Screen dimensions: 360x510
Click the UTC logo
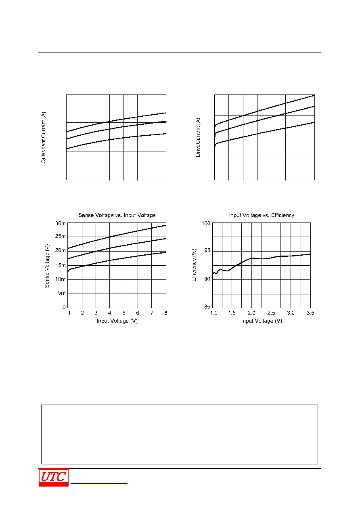tap(54, 477)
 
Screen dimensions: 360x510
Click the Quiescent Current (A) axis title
tap(43, 138)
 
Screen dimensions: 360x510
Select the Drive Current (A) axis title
tap(198, 137)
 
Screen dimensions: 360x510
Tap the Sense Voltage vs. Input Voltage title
tap(117, 215)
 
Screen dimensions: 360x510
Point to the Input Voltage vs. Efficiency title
tap(262, 215)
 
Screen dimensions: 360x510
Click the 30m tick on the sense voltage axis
tap(60, 224)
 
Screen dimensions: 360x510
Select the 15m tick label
tap(60, 265)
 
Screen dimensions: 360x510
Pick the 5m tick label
tap(62, 293)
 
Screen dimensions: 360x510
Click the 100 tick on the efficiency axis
tap(206, 223)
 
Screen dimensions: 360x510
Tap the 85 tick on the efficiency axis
tap(207, 306)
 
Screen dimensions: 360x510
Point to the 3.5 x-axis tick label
tap(310, 313)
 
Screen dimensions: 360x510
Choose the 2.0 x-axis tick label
tap(251, 313)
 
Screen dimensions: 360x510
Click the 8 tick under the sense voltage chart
tap(165, 313)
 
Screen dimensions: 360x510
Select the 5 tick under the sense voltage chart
tap(124, 313)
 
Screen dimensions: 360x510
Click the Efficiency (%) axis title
tap(194, 265)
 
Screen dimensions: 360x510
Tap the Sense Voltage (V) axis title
tap(47, 266)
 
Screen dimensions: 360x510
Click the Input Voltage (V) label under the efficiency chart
tap(262, 321)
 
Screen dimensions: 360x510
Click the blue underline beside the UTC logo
tap(99, 483)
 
